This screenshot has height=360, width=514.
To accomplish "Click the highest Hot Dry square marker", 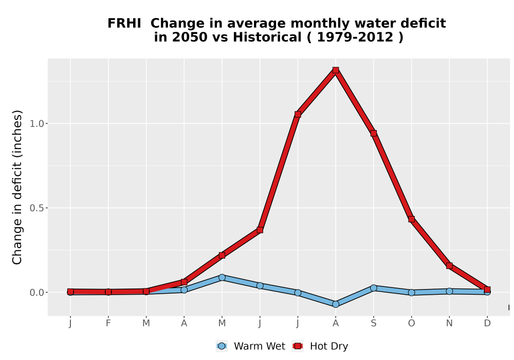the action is (335, 70).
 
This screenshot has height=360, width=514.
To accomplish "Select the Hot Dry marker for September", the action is (373, 133).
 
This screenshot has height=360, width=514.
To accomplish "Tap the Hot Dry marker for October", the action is (411, 219).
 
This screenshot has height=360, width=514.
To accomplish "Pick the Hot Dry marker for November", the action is (449, 265).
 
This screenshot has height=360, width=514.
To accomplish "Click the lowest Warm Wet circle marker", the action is (335, 304).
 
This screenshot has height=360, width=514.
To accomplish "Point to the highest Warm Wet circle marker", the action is (222, 277).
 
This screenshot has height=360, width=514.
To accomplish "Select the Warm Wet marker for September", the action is (373, 288).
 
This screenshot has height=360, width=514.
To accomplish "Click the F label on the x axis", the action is (108, 323).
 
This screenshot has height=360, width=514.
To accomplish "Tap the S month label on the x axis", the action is (373, 323).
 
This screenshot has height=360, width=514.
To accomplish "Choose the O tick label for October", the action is (411, 323).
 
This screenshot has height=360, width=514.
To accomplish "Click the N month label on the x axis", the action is (449, 323).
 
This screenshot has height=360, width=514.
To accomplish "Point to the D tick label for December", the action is (487, 323).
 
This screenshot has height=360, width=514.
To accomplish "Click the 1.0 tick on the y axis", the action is (36, 123).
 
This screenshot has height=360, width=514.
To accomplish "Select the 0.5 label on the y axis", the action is (36, 208).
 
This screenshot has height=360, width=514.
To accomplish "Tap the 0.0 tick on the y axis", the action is (36, 293).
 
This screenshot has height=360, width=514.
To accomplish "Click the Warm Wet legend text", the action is (260, 346).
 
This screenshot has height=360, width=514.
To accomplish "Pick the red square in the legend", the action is (298, 346).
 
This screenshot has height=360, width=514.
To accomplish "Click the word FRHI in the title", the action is (124, 24).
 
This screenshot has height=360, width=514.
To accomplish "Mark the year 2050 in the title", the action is (190, 37).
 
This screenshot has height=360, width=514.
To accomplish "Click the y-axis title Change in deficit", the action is (17, 187).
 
